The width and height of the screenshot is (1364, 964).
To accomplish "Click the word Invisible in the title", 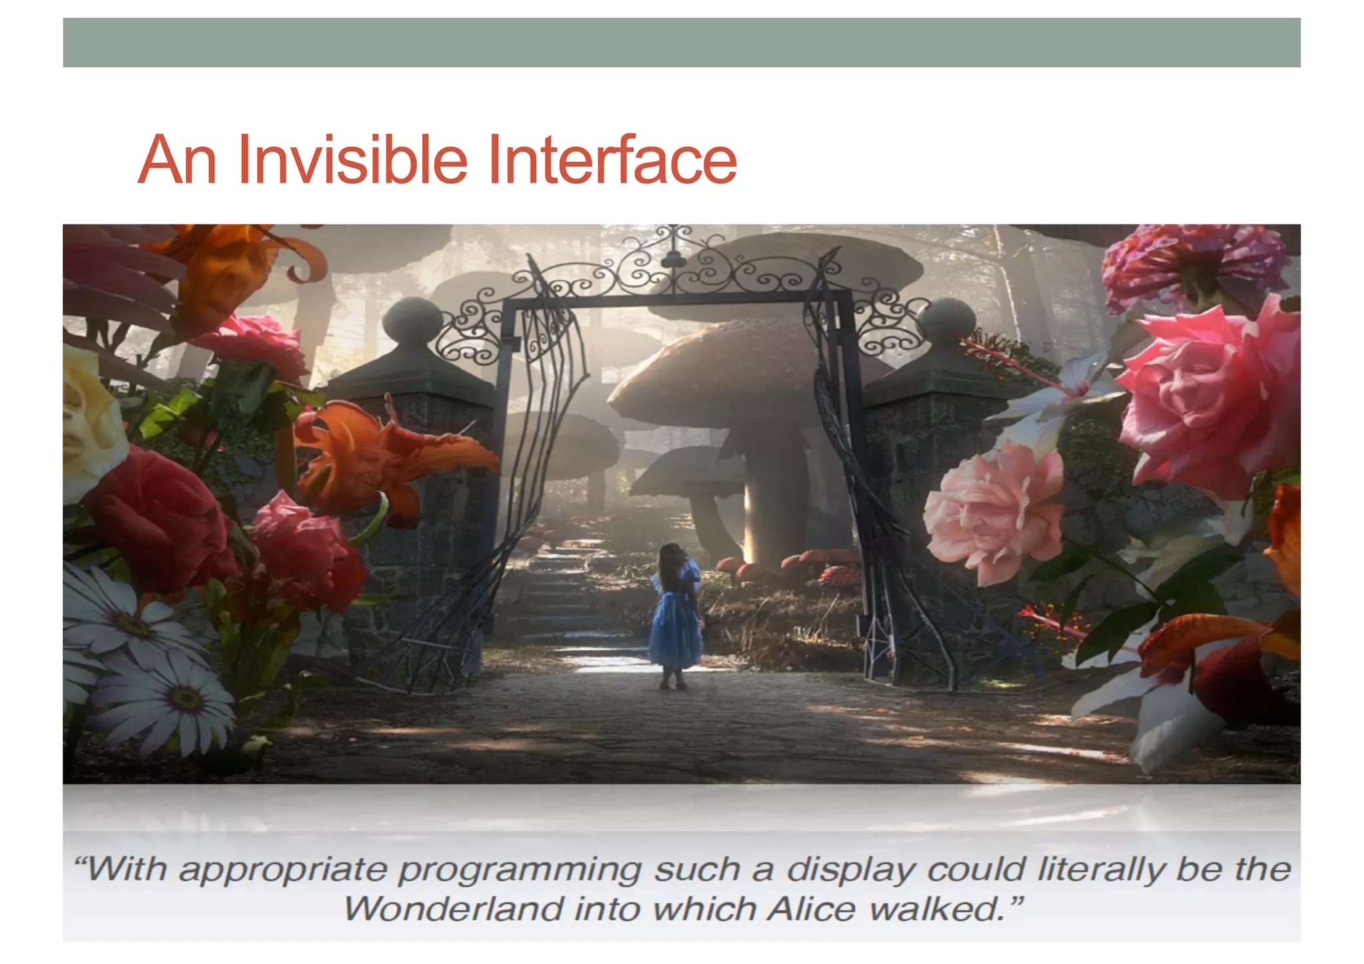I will (352, 160).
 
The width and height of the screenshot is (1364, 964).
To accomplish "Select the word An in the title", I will (177, 160).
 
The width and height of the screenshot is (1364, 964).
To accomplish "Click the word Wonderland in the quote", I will (452, 909).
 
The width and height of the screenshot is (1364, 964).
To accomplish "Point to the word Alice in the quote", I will (811, 909).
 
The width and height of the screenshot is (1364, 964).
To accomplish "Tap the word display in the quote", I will (851, 869).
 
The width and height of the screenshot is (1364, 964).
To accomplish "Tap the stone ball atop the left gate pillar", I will (412, 321).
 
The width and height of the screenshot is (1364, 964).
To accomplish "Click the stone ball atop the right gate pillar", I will (946, 321).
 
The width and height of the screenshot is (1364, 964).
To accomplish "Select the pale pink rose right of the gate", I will (992, 513).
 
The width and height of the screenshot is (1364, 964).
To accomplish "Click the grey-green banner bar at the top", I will (681, 43).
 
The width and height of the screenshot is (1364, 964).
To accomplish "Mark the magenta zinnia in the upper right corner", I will (1192, 263).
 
